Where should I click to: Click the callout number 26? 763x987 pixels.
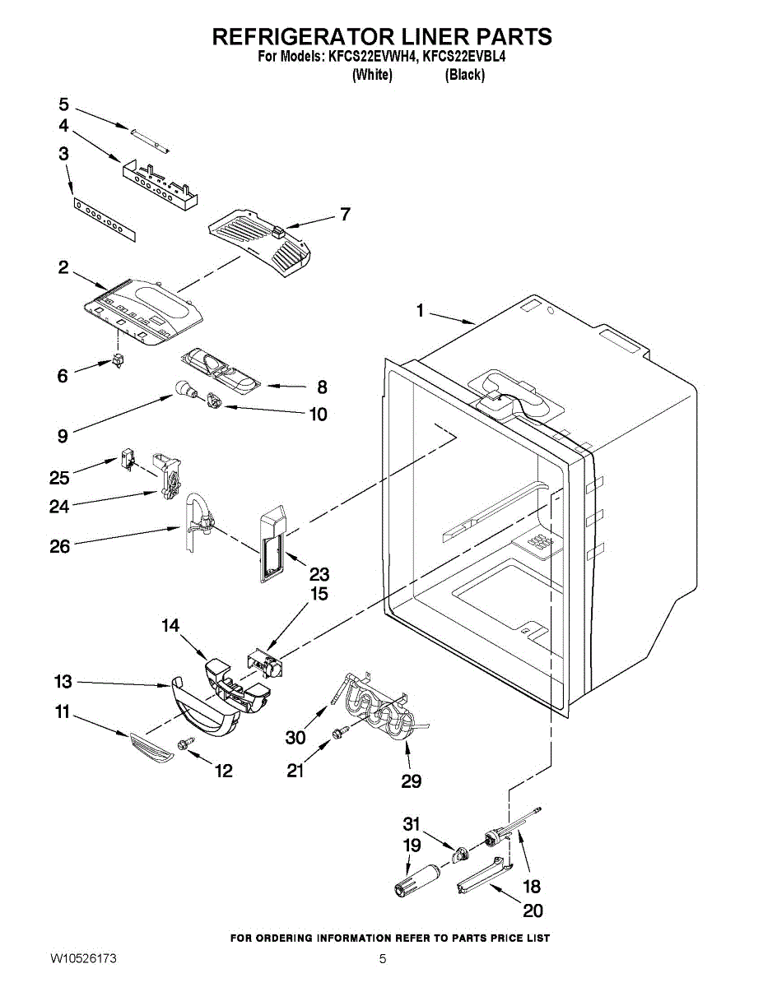pos(60,546)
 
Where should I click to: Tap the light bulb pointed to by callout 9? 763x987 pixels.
pos(186,389)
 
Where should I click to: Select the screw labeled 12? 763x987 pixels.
pos(186,744)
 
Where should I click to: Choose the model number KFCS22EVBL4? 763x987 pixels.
pos(464,57)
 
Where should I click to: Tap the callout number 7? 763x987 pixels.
pos(346,214)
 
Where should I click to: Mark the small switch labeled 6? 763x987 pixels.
pos(119,360)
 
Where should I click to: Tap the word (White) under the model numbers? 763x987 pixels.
pos(372,75)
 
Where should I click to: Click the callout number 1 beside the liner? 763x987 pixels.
pos(420,311)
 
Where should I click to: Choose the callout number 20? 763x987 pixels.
pos(533,911)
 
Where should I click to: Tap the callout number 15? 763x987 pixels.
pos(319,594)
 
